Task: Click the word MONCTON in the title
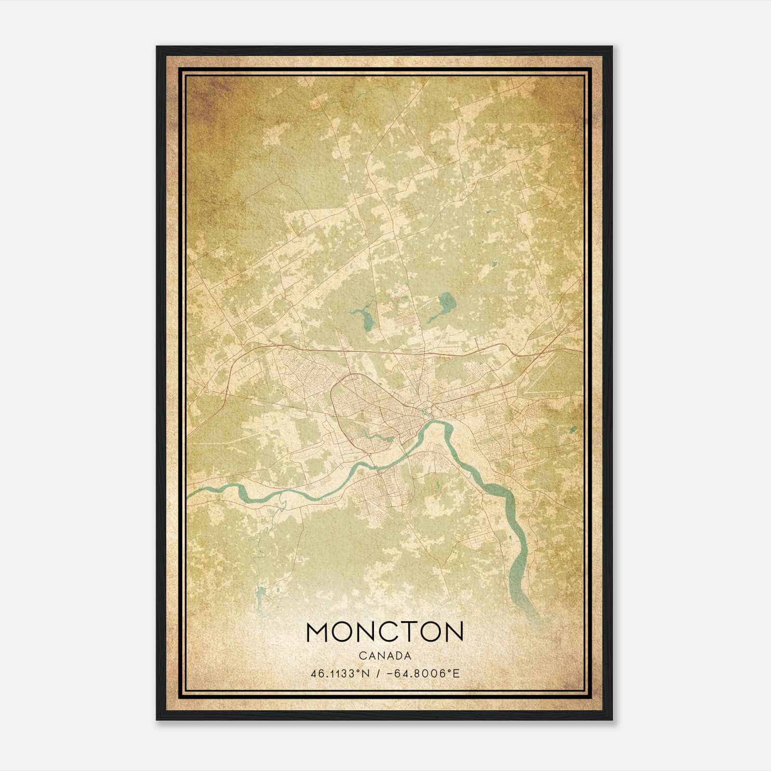pos(385,631)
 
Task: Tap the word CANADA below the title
pos(385,656)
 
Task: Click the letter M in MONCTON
pos(318,631)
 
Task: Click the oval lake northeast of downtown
pos(447,304)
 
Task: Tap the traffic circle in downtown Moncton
pos(425,411)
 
